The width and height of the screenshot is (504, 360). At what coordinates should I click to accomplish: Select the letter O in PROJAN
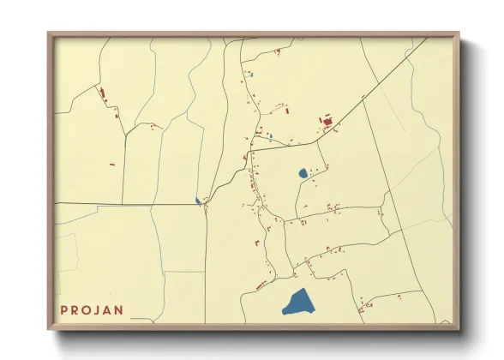click(x=89, y=310)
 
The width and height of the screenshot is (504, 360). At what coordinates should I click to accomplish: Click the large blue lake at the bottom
click(x=297, y=303)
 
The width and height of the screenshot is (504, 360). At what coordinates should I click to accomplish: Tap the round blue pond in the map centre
click(x=303, y=173)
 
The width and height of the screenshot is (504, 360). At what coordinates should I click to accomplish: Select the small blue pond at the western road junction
click(x=198, y=201)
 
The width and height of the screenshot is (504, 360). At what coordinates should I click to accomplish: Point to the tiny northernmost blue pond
click(x=252, y=75)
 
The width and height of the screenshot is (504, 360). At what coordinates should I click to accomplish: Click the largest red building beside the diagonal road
click(x=327, y=122)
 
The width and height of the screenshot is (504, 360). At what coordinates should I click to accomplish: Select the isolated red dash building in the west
click(x=111, y=163)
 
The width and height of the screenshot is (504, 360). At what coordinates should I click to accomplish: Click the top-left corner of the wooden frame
click(x=50, y=34)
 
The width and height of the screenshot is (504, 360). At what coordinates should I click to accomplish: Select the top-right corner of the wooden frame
click(x=458, y=34)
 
